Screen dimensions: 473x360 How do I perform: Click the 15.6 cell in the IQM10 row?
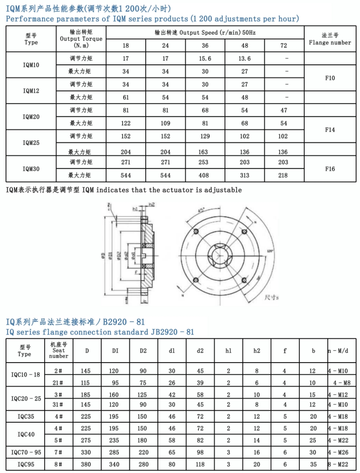click(x=205, y=59)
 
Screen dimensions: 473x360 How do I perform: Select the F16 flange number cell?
click(x=330, y=169)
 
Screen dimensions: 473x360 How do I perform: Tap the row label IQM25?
click(x=31, y=143)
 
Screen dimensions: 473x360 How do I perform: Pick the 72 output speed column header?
click(x=284, y=46)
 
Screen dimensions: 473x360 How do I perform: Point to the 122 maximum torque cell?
click(x=126, y=123)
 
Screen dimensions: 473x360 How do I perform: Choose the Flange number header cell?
click(x=330, y=39)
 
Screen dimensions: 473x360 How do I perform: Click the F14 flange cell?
click(x=330, y=130)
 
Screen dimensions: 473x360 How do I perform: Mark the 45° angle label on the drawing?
click(x=202, y=211)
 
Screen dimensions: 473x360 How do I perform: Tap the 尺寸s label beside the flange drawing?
click(x=271, y=297)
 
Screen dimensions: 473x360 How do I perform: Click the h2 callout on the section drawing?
click(x=152, y=205)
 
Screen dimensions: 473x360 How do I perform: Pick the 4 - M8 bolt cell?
click(x=342, y=383)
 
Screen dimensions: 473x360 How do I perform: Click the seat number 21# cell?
click(x=58, y=383)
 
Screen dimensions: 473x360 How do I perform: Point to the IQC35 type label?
click(x=26, y=417)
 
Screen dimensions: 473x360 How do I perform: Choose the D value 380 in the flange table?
click(x=86, y=464)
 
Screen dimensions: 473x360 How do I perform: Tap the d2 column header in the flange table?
click(x=200, y=351)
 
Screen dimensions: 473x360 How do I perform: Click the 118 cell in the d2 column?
click(x=200, y=464)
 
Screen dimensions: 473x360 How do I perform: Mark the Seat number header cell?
click(x=58, y=350)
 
